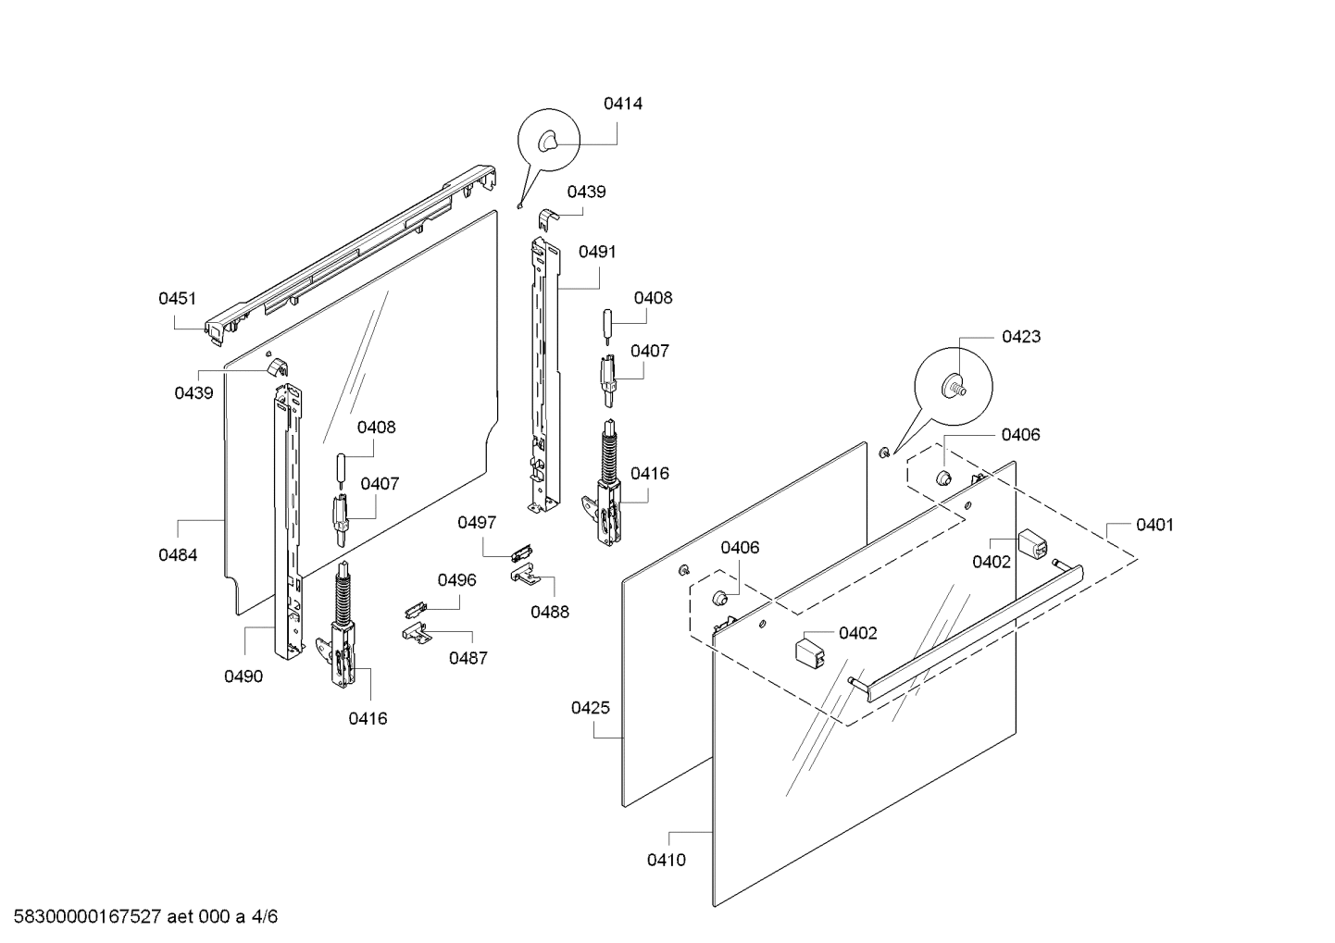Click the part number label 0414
pyautogui.click(x=623, y=104)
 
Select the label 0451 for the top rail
pyautogui.click(x=177, y=298)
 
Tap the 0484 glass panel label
pyautogui.click(x=178, y=555)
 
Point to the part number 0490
pyautogui.click(x=243, y=676)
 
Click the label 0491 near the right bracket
pyautogui.click(x=597, y=252)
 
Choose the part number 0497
pyautogui.click(x=477, y=523)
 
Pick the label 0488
pyautogui.click(x=550, y=612)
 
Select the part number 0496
pyautogui.click(x=456, y=580)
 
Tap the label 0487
pyautogui.click(x=468, y=658)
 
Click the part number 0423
pyautogui.click(x=1021, y=337)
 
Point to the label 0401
pyautogui.click(x=1154, y=525)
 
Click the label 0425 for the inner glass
pyautogui.click(x=590, y=708)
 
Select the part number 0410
pyautogui.click(x=667, y=861)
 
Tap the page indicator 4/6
pyautogui.click(x=264, y=917)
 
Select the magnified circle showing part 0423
pyautogui.click(x=954, y=387)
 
